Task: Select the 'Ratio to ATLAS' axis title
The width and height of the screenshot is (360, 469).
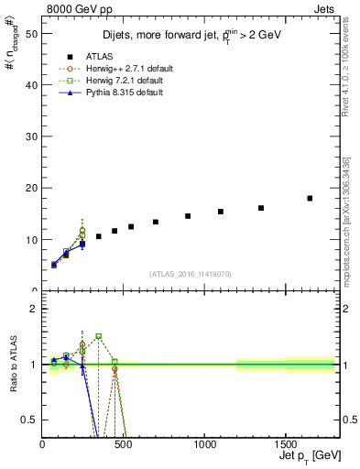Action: pyautogui.click(x=12, y=365)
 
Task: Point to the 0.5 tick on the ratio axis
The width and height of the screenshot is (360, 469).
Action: pyautogui.click(x=30, y=420)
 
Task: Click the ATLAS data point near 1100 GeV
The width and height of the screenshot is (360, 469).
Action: pyautogui.click(x=221, y=212)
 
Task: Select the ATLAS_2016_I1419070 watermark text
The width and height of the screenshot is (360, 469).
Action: pyautogui.click(x=189, y=273)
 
